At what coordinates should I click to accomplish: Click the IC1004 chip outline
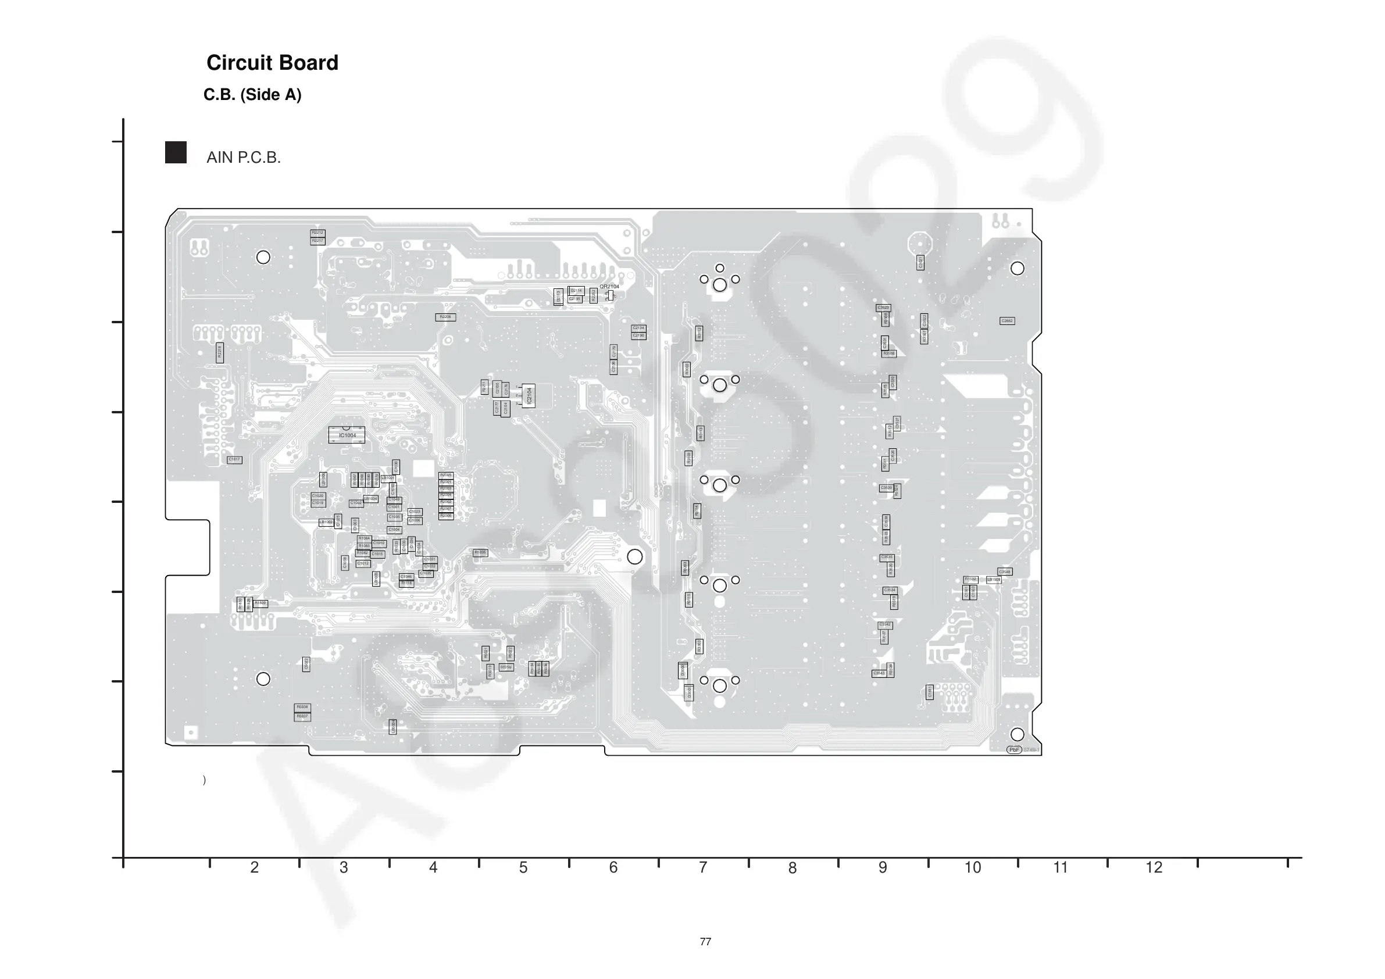[347, 435]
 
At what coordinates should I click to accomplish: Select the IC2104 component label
[529, 396]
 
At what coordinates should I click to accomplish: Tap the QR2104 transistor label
[609, 287]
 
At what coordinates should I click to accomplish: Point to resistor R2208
[445, 317]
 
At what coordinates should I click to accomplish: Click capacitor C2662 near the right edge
[1007, 321]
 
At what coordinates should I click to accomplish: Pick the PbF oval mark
[1014, 750]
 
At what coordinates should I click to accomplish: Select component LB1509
[994, 580]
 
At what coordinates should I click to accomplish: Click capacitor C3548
[1004, 572]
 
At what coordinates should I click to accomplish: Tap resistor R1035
[480, 552]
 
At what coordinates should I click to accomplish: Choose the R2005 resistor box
[446, 476]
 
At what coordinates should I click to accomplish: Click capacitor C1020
[318, 496]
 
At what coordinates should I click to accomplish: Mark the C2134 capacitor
[638, 328]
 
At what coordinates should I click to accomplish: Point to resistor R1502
[970, 580]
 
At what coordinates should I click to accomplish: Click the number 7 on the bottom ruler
[703, 867]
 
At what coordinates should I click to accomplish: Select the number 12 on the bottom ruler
[1154, 867]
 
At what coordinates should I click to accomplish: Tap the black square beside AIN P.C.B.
[176, 153]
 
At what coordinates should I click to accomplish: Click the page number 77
[705, 942]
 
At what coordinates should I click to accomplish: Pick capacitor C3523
[883, 308]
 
